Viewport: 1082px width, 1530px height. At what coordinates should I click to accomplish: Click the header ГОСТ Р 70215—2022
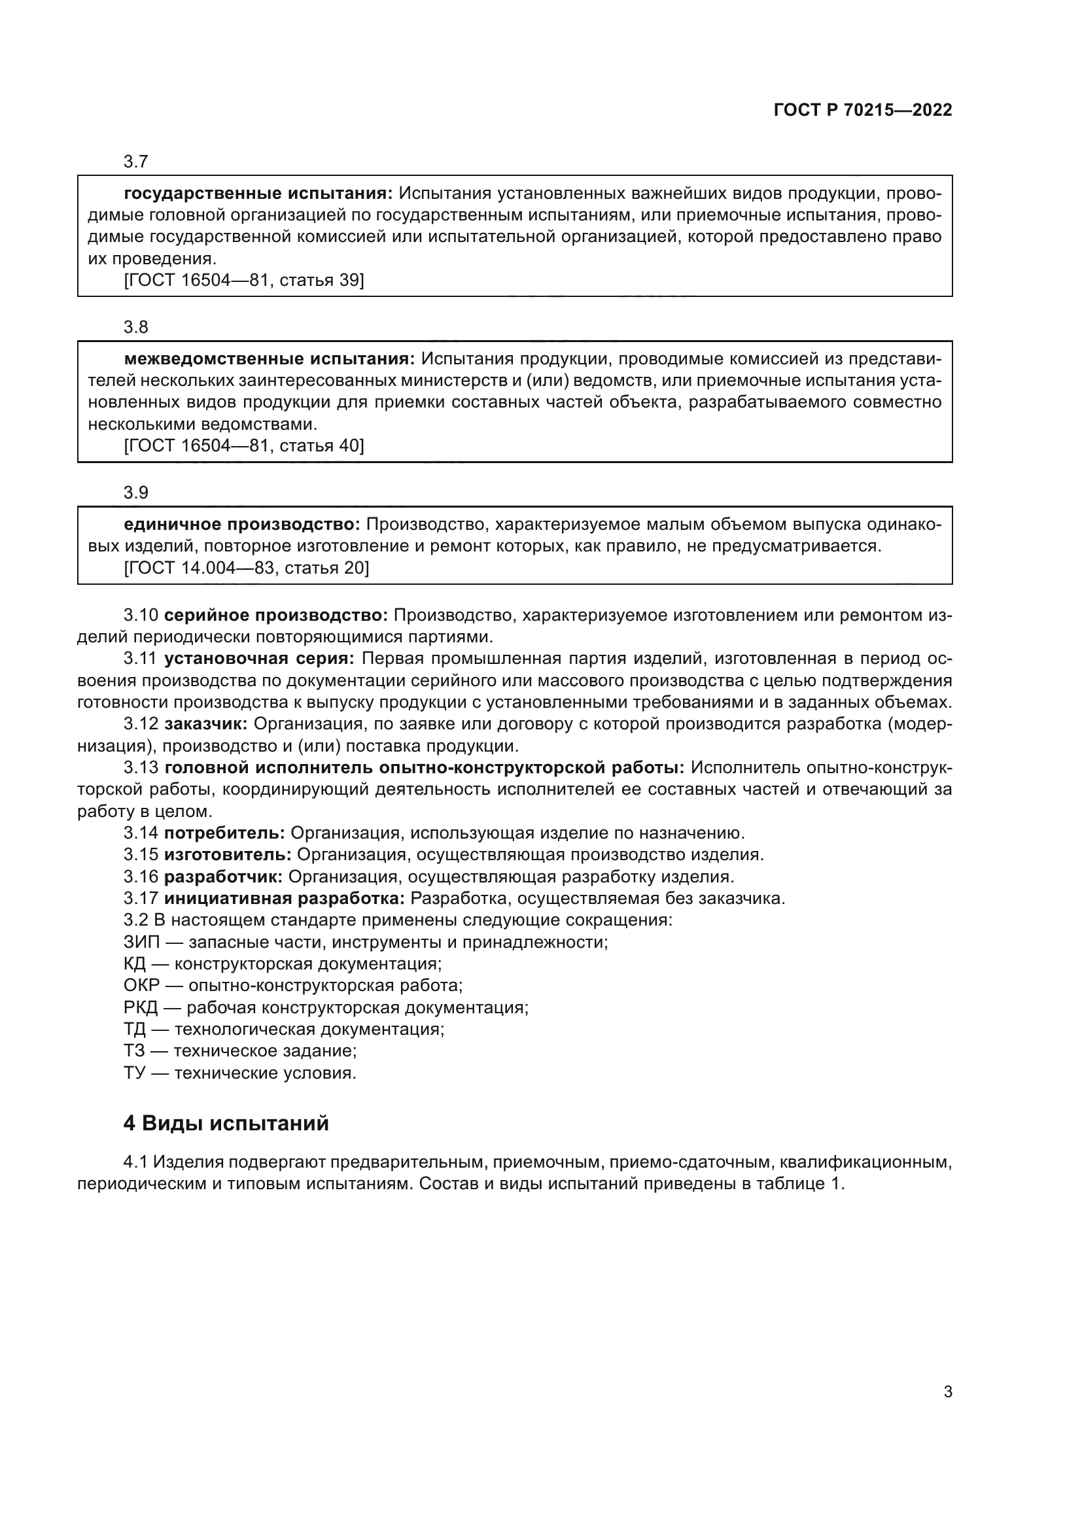coord(862,111)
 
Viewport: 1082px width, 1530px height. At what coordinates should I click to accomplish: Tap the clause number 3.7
coord(136,162)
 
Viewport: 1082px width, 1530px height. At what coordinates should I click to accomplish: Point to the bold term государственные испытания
coord(258,194)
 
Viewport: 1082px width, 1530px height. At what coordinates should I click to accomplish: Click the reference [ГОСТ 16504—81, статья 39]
coord(244,280)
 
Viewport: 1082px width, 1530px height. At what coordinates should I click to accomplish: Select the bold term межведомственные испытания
coord(269,359)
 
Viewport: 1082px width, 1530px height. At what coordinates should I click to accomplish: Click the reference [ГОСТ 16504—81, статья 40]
coord(244,445)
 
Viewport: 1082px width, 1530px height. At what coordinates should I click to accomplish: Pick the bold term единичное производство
coord(242,525)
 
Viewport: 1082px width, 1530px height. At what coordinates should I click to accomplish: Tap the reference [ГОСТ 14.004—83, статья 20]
coord(246,568)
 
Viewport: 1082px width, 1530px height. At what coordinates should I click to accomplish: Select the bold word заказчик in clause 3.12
coord(206,723)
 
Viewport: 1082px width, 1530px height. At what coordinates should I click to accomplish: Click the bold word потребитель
coord(224,833)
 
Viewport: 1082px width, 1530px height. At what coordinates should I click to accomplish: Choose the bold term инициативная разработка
coord(285,898)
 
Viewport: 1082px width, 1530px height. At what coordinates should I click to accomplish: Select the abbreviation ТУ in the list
coord(135,1073)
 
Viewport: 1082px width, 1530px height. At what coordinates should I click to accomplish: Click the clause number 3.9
coord(136,493)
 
